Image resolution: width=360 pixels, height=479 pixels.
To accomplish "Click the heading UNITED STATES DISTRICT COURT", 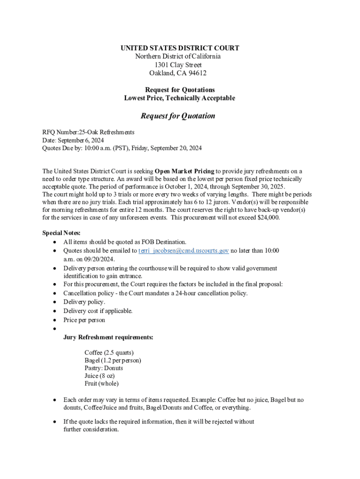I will [180, 48].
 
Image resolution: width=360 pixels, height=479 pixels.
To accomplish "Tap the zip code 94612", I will [197, 73].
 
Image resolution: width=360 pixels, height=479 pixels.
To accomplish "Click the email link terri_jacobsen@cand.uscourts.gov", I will [184, 251].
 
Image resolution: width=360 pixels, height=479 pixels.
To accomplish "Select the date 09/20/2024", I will [99, 259].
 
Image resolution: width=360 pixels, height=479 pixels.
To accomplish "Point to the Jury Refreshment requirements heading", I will [108, 337].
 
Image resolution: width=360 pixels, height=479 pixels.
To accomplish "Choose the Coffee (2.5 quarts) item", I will [109, 352].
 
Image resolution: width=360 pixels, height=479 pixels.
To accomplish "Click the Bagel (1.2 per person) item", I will [113, 360].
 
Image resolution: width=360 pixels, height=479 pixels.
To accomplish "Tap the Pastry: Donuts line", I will [104, 368].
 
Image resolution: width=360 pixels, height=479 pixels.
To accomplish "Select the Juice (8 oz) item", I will [100, 376].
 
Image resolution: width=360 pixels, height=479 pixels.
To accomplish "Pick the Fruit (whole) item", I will [101, 384].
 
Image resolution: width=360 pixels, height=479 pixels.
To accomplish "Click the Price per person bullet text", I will [84, 320].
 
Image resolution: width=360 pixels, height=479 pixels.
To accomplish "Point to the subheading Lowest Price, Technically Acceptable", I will [180, 98].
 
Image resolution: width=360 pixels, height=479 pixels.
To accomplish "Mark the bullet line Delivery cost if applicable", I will [98, 311].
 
